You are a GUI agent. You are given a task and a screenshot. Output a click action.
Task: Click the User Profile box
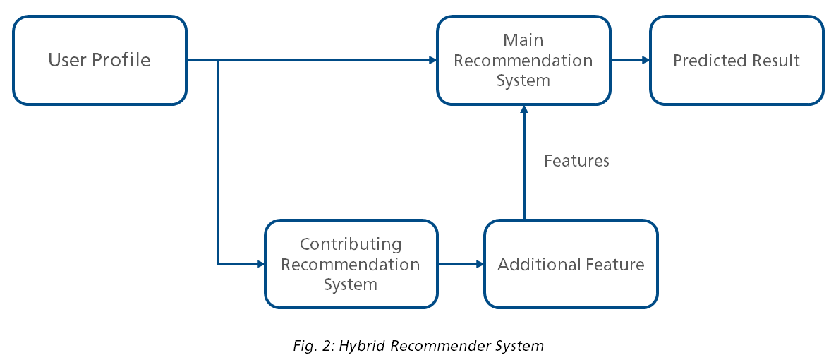coord(99,61)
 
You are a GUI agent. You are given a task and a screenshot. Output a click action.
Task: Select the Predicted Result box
coord(736,61)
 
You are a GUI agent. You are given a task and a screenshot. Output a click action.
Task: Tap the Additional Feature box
coord(571,265)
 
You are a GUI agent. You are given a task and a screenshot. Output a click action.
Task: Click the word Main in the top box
coord(523,40)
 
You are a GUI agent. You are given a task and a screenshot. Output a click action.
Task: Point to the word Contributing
coord(351,244)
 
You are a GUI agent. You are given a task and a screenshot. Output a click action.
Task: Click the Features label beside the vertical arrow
coord(576,161)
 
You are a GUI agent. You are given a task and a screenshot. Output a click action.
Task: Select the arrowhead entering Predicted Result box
coord(645,61)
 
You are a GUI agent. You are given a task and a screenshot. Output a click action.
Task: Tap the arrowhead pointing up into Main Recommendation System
coord(523,110)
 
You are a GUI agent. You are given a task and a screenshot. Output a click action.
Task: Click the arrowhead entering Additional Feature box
coord(480,265)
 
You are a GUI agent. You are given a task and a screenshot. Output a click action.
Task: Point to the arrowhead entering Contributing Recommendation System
coord(260,265)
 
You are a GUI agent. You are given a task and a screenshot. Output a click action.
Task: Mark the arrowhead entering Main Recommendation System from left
coord(432,61)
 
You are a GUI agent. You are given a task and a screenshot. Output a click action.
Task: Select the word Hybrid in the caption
coord(365,346)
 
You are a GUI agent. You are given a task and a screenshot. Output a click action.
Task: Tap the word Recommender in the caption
coord(435,346)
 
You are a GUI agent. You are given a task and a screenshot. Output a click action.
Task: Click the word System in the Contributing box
coord(351,285)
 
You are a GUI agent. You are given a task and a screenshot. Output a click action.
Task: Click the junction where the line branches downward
coord(219,61)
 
